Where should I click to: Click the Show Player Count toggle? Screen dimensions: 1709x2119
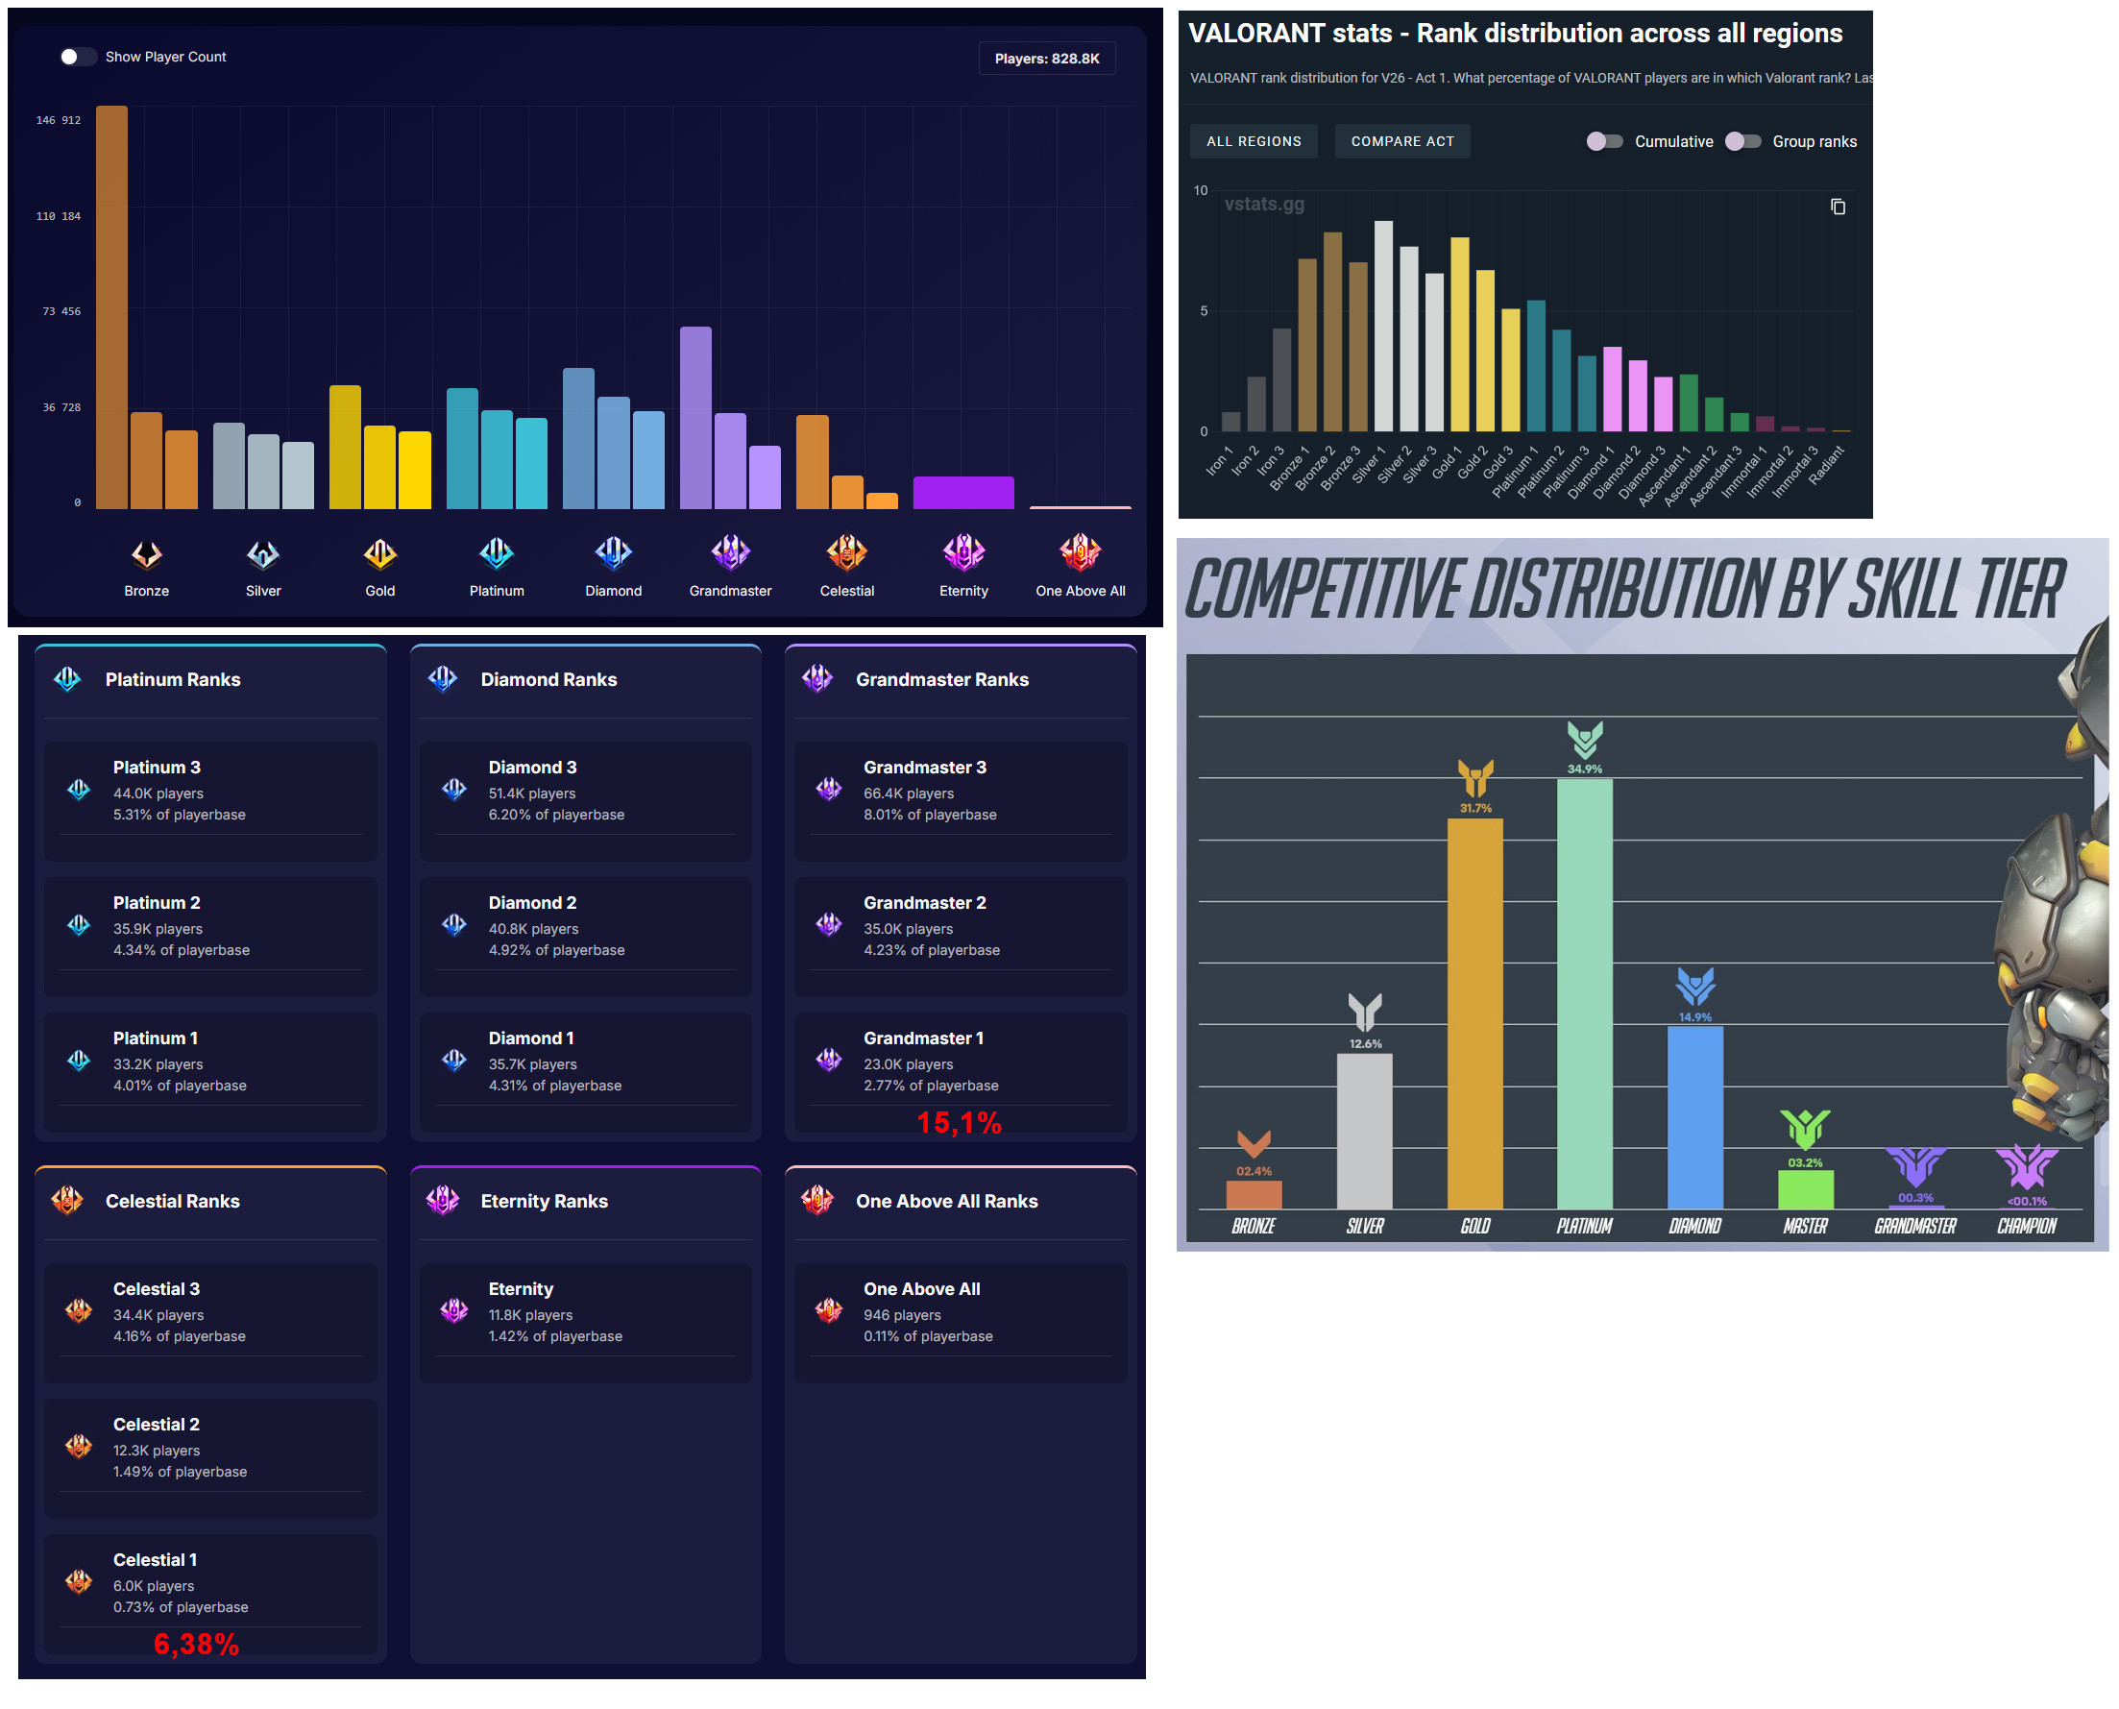click(78, 57)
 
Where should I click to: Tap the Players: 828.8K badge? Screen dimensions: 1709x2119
click(1046, 59)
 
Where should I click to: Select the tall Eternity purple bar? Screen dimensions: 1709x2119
click(962, 492)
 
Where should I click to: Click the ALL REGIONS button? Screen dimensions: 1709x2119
click(1253, 142)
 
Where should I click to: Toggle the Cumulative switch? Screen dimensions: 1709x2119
click(1603, 142)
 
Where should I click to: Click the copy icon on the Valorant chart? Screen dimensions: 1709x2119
click(1837, 207)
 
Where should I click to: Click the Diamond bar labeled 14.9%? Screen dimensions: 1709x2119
click(1693, 1116)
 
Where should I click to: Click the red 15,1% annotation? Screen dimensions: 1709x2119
click(959, 1122)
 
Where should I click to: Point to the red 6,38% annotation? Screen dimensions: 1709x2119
click(196, 1643)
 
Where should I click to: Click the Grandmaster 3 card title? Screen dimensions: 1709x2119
click(924, 767)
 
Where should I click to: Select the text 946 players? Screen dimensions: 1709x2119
click(902, 1314)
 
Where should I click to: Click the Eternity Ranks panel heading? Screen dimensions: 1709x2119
click(544, 1200)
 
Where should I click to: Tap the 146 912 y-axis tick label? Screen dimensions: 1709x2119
click(58, 120)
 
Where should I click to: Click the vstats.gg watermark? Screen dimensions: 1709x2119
click(1264, 204)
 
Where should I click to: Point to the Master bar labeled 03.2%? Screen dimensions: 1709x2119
click(1804, 1188)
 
